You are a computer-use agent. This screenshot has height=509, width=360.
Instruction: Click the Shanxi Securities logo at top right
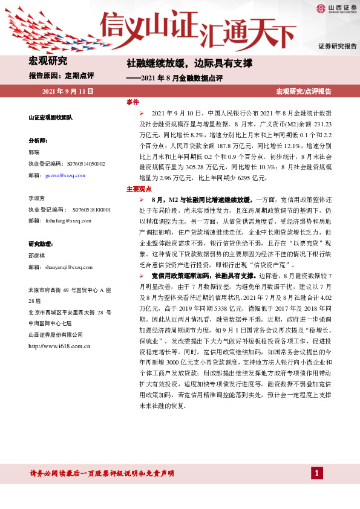pos(335,8)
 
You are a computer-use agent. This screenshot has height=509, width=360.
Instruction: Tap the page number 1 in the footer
pos(316,473)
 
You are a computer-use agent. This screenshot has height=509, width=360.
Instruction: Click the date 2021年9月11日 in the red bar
pos(68,91)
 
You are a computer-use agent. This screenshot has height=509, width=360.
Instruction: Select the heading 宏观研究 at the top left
pos(48,60)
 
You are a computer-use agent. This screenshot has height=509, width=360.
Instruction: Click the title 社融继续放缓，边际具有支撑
pos(189,63)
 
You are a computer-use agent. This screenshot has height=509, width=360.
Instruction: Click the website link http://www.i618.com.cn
pos(59,346)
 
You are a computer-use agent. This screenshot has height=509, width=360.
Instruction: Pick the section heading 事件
pos(133,102)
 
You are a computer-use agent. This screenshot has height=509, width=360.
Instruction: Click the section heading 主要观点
pos(137,189)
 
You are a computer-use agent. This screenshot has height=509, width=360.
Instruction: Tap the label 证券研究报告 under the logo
pos(338,46)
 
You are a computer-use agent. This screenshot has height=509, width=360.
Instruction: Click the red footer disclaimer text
pos(102,473)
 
